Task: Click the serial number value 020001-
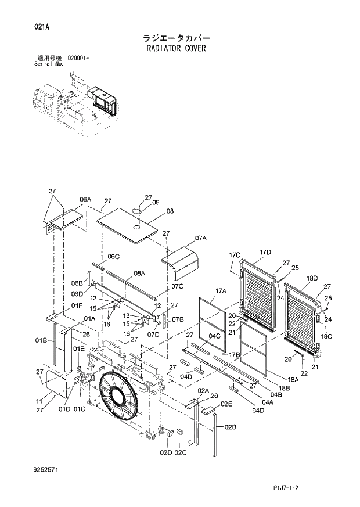tap(82, 59)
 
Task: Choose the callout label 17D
tap(265, 252)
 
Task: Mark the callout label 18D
tap(311, 279)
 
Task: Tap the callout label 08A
tap(139, 273)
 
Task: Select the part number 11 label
tap(39, 401)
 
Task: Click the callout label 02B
tap(230, 427)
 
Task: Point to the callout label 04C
tap(214, 336)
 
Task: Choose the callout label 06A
tap(85, 199)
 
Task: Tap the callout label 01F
tap(77, 305)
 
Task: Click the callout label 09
tap(156, 203)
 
